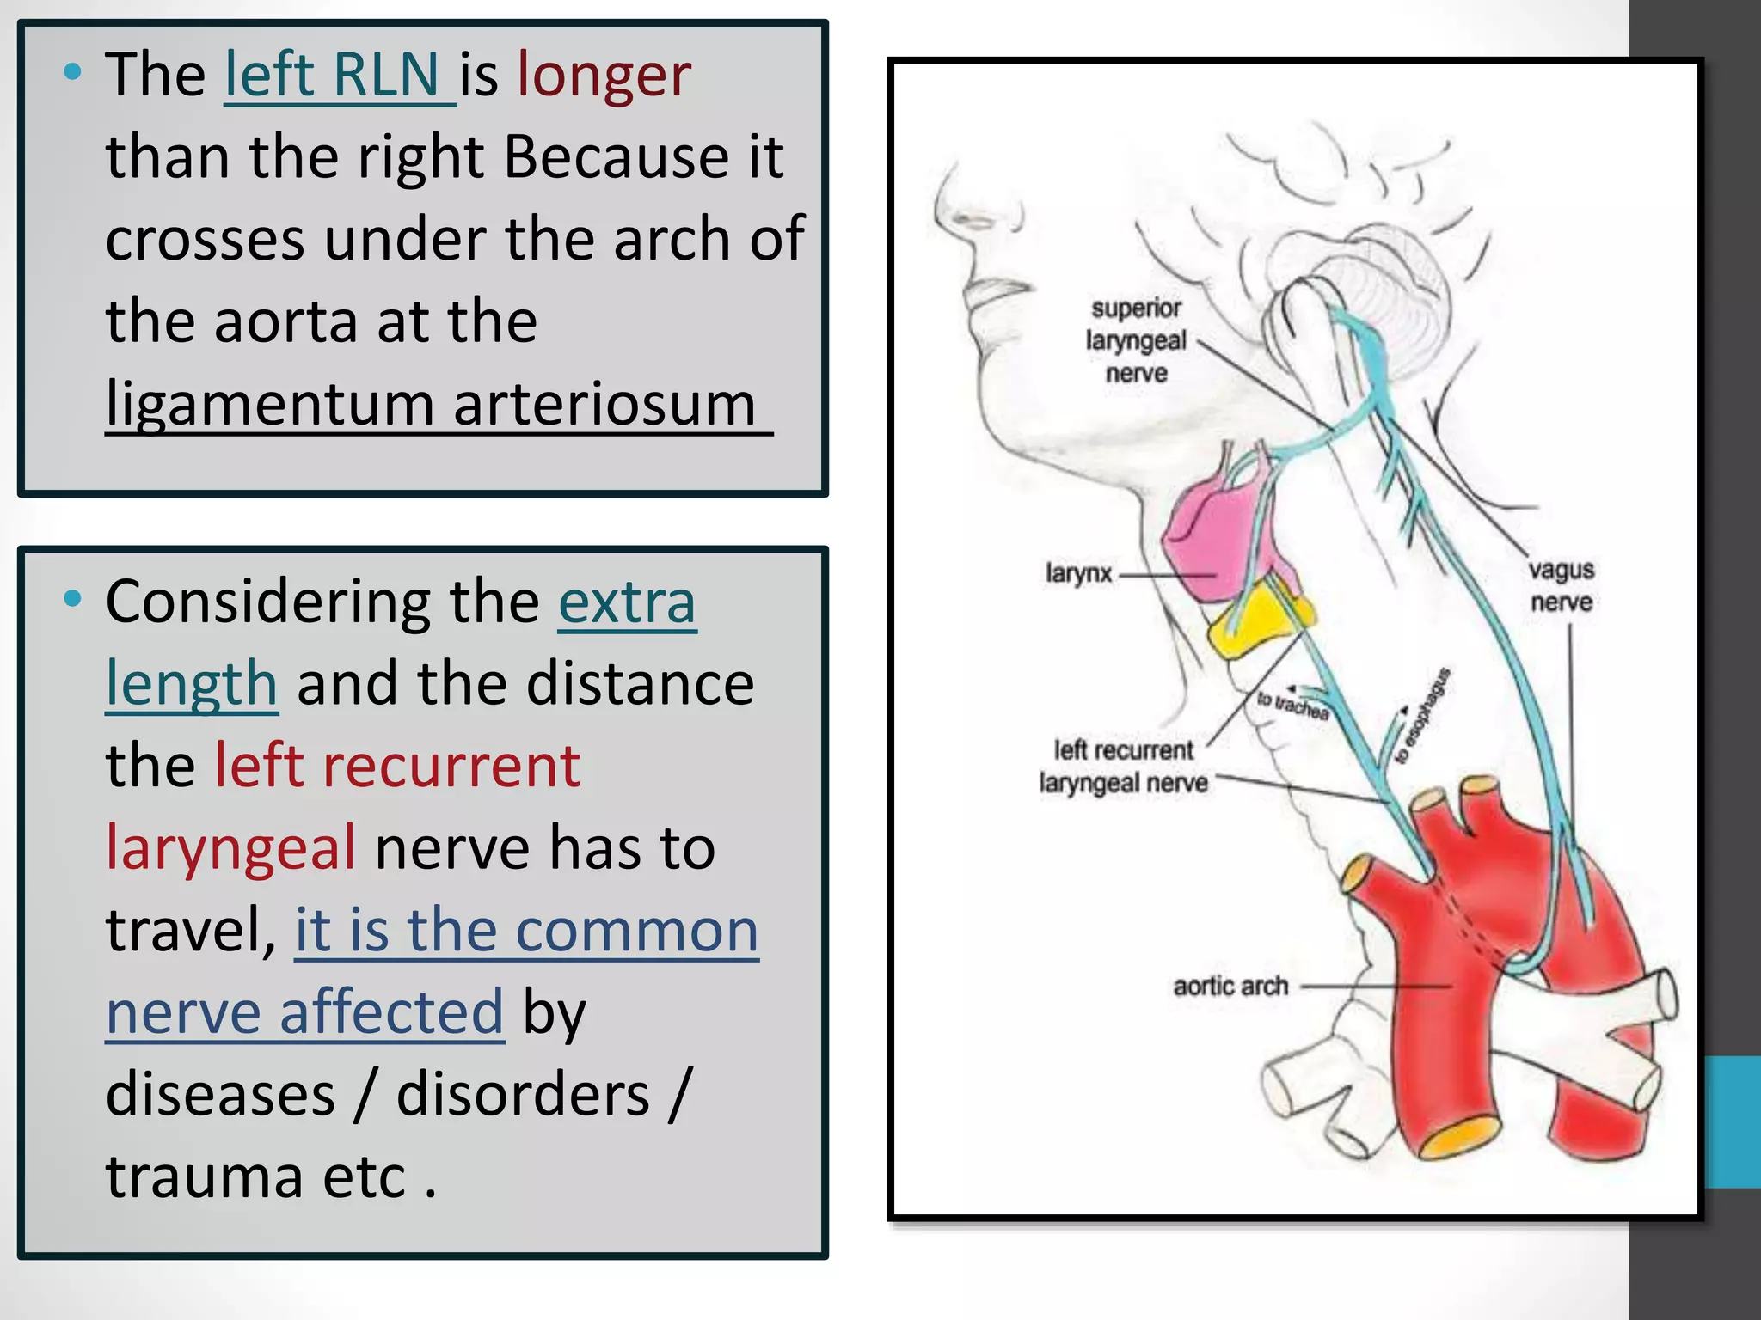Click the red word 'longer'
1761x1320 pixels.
click(604, 76)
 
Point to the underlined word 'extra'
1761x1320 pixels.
click(627, 602)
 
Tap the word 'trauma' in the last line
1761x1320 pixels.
click(204, 1176)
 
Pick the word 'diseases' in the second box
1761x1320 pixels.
click(220, 1096)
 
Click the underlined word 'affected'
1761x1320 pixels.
click(391, 1013)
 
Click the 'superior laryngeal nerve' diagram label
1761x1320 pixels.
click(1135, 340)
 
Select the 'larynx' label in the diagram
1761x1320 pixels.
click(1078, 573)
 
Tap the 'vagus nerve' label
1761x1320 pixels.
click(1561, 586)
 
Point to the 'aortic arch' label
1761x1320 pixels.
click(1230, 986)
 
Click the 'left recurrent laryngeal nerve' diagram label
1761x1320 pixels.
click(1123, 767)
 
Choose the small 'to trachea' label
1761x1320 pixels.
click(1292, 706)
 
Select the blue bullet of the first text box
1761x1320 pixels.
click(73, 73)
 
